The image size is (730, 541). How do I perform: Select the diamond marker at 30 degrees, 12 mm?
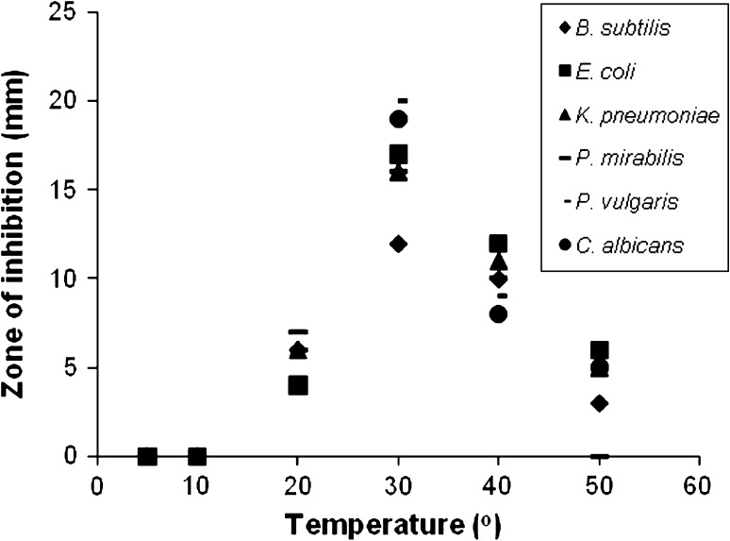pos(398,244)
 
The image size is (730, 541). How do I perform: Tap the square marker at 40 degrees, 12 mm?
pos(498,244)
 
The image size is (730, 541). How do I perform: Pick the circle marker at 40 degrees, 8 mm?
pos(498,314)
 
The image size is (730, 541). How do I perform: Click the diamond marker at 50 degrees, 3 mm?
pos(598,403)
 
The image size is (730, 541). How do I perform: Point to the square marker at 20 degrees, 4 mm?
pos(298,385)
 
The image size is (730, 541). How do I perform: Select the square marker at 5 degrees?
pos(147,456)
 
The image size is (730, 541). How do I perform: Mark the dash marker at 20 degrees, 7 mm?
pos(298,331)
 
